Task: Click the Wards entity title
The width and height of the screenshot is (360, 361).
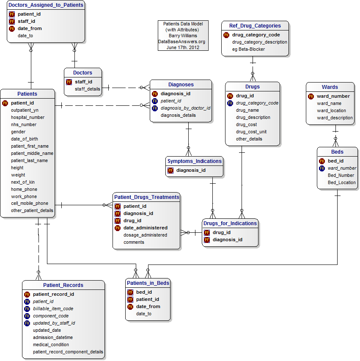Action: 330,87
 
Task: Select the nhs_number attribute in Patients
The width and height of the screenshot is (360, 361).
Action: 24,124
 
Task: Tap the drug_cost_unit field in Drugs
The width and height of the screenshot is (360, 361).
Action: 251,132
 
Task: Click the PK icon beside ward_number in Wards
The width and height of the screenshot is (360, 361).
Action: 311,96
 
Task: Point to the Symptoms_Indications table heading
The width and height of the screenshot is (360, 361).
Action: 194,161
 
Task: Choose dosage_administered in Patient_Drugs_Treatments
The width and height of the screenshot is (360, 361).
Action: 145,235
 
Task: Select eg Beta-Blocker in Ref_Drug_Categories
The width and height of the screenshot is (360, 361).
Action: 248,49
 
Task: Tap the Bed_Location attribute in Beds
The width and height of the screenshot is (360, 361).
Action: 341,182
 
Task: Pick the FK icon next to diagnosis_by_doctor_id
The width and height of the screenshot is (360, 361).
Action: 155,108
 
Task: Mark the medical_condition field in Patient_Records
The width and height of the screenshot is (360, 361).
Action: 51,344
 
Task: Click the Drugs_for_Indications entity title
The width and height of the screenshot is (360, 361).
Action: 230,223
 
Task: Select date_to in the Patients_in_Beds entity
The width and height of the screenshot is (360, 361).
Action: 143,314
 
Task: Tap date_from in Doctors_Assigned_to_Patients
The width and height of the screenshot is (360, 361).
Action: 30,28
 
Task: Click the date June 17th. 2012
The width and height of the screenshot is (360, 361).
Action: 183,47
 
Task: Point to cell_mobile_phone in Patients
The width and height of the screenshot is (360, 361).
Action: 30,203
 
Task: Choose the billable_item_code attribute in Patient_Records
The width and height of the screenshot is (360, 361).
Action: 53,309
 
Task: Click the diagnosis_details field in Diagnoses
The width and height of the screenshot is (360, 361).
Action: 178,115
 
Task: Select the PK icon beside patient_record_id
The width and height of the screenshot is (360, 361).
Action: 27,294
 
